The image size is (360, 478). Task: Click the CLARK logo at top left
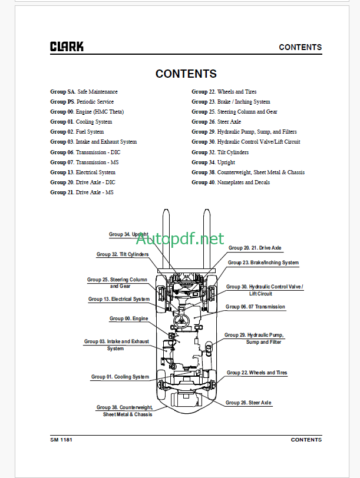coord(67,47)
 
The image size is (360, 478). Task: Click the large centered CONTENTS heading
coord(186,74)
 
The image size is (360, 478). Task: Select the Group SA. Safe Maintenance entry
coord(84,92)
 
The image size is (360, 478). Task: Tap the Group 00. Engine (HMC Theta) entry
coord(87,112)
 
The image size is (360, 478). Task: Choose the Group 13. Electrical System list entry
coord(82,172)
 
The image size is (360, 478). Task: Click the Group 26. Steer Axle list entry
coord(216,122)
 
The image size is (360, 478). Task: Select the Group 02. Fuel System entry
coord(77,132)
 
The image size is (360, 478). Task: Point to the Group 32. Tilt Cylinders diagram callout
coord(122,254)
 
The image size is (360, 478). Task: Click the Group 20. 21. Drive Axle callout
coord(255,248)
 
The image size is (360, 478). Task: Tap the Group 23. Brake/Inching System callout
coord(263,263)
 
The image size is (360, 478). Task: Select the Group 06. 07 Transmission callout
coord(255,307)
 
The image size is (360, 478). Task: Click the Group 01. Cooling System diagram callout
coord(120,377)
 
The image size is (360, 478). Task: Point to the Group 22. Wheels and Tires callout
coord(257,373)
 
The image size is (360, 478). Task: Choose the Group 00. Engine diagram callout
coord(128,318)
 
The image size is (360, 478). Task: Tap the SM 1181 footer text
coord(61,440)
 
